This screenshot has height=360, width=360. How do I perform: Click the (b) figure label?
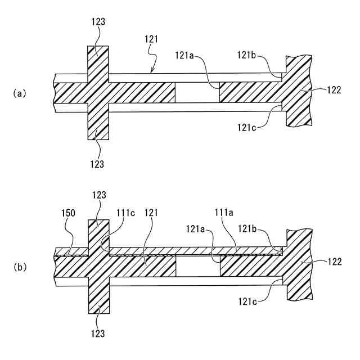tap(20, 268)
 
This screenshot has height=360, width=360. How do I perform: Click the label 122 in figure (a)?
tap(333, 89)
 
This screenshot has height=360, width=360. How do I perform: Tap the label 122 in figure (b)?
tap(333, 263)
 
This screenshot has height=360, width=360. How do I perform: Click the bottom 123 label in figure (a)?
tap(97, 164)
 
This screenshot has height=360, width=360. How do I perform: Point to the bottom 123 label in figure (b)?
tap(97, 333)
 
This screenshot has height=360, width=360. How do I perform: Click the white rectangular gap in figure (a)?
tap(197, 92)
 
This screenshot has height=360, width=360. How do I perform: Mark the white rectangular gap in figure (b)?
tap(197, 266)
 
